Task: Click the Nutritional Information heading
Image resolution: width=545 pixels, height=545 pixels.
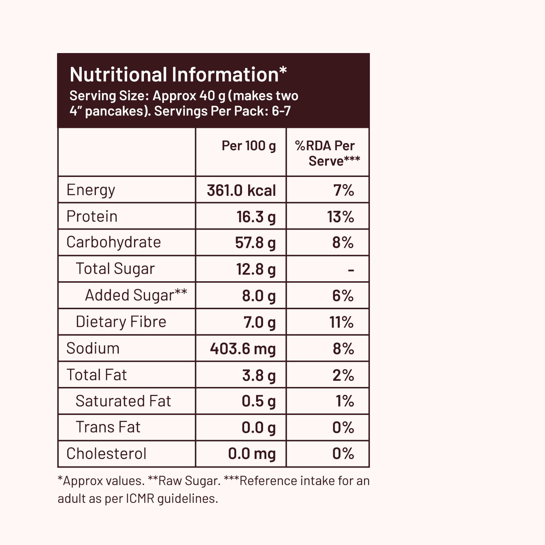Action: click(x=178, y=74)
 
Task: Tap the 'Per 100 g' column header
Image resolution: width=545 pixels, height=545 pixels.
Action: click(x=249, y=146)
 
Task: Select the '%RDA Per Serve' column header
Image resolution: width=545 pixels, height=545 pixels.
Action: click(x=327, y=153)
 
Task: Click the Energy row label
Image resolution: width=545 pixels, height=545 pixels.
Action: click(x=91, y=190)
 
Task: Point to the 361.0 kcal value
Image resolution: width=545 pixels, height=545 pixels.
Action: click(x=241, y=190)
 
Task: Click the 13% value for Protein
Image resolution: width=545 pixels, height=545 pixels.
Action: click(x=340, y=217)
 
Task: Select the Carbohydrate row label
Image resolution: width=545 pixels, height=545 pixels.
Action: click(x=113, y=242)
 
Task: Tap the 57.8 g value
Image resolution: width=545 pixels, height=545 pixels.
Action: click(x=255, y=243)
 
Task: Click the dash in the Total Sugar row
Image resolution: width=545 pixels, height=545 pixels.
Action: click(x=351, y=270)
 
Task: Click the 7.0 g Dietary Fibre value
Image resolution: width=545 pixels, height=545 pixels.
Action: click(x=259, y=322)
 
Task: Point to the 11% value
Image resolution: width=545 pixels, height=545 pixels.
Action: click(x=341, y=322)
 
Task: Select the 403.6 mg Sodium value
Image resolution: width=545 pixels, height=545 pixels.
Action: click(x=243, y=349)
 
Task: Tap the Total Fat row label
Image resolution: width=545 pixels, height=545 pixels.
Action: click(x=97, y=375)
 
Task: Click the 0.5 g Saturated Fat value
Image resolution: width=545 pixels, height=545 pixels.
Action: click(x=259, y=401)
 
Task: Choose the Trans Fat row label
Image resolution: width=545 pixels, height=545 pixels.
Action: click(x=108, y=427)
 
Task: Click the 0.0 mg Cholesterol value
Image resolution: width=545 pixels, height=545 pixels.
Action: click(x=252, y=454)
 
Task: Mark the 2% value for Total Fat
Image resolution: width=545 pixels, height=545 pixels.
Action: click(x=343, y=375)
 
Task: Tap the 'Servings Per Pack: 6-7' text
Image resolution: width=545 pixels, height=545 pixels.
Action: click(x=222, y=111)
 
